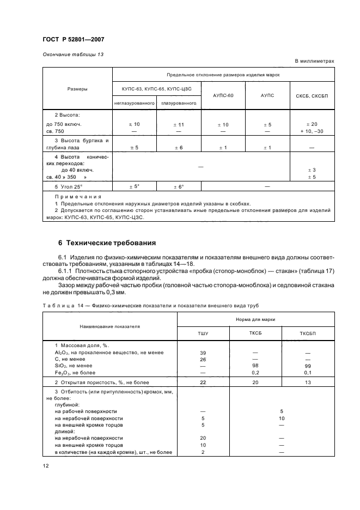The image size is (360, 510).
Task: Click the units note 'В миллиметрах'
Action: pyautogui.click(x=314, y=62)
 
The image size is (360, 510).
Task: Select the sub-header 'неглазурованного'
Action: pyautogui.click(x=135, y=102)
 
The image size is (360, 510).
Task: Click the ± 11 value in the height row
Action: pyautogui.click(x=179, y=125)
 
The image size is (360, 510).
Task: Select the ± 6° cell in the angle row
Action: pyautogui.click(x=179, y=187)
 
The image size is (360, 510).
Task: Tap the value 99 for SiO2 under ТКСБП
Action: pyautogui.click(x=309, y=366)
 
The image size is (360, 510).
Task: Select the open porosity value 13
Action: pyautogui.click(x=309, y=382)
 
